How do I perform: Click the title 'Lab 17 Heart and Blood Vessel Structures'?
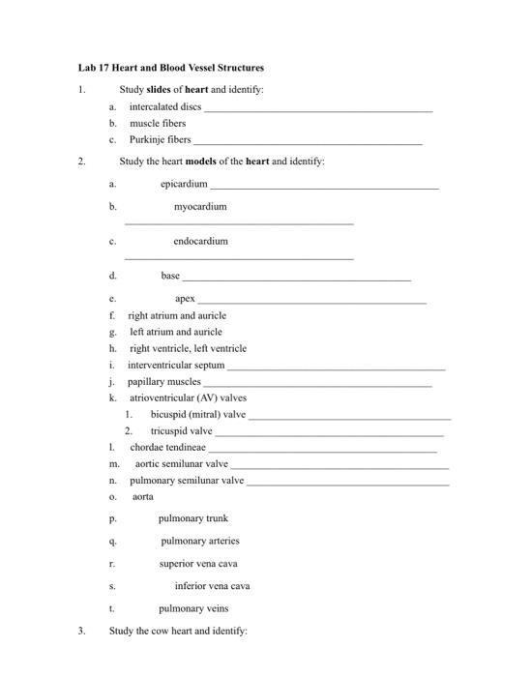tap(171, 68)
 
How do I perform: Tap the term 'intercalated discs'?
tap(165, 106)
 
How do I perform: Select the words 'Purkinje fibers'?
tap(161, 139)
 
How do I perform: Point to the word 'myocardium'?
tap(200, 206)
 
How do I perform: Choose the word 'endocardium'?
tap(201, 241)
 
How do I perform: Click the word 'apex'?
tap(186, 299)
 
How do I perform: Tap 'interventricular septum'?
tap(176, 365)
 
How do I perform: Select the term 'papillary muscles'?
tap(164, 381)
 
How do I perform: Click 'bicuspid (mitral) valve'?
tap(198, 414)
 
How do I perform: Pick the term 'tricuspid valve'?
tap(182, 430)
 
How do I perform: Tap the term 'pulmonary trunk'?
tap(193, 518)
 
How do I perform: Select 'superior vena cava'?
tap(199, 563)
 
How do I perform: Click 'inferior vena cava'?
tap(212, 586)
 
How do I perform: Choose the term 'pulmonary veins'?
tap(193, 608)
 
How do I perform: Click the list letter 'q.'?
tap(113, 541)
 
